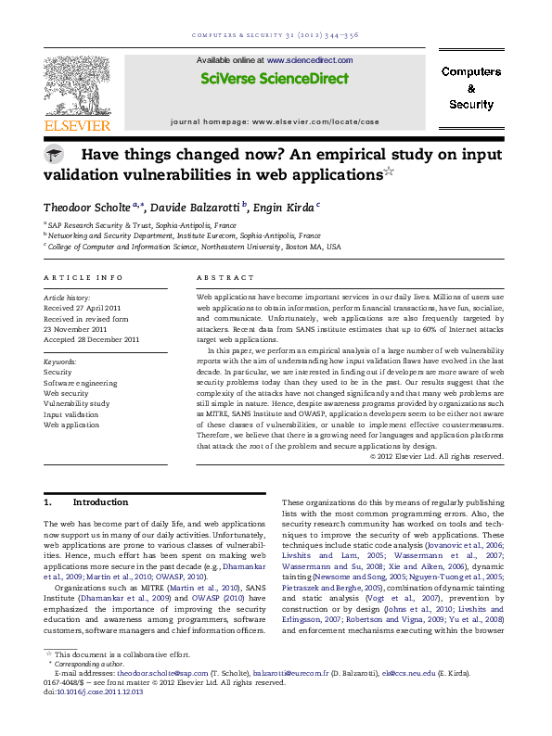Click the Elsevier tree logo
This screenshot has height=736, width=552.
(x=77, y=85)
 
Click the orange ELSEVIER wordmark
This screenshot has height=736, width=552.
(x=77, y=125)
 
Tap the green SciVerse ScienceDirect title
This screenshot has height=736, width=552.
(x=275, y=79)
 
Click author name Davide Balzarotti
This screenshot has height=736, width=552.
(x=194, y=205)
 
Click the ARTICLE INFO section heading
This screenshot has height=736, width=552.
(x=83, y=277)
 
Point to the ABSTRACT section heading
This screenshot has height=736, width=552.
(x=225, y=277)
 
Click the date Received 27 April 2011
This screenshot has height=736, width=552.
(x=83, y=307)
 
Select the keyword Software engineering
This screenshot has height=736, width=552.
(x=81, y=383)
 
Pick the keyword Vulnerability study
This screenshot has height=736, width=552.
(x=76, y=403)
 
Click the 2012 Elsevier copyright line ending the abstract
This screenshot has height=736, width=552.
(x=436, y=455)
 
